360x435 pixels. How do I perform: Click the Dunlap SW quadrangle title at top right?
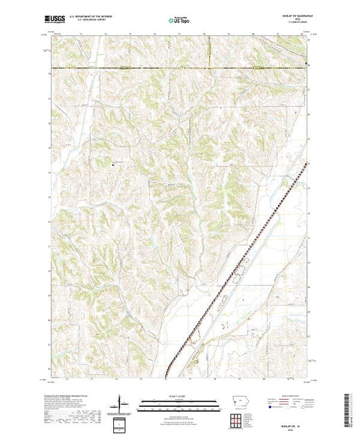click(x=292, y=14)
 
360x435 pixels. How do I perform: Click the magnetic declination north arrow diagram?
click(x=121, y=402)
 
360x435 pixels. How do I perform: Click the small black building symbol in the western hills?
click(x=113, y=164)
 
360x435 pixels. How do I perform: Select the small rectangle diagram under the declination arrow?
click(x=121, y=423)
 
